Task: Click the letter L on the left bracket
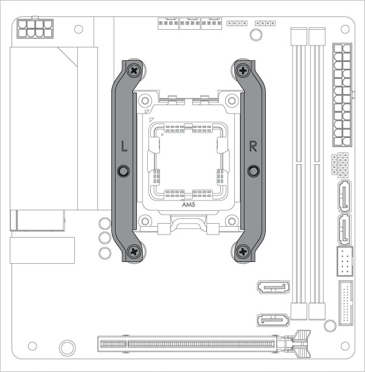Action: coord(123,146)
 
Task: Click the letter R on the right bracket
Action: coord(253,146)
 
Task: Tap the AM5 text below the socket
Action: coord(189,205)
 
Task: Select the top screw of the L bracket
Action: coord(133,71)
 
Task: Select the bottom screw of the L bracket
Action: coord(133,250)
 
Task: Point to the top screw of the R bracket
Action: coord(243,71)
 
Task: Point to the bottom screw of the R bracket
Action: coord(243,250)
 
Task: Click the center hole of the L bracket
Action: coord(123,171)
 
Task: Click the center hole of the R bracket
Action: coord(253,171)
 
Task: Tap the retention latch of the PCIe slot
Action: coord(302,344)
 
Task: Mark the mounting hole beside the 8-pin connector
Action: coord(78,28)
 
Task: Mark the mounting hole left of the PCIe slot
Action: coord(66,348)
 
